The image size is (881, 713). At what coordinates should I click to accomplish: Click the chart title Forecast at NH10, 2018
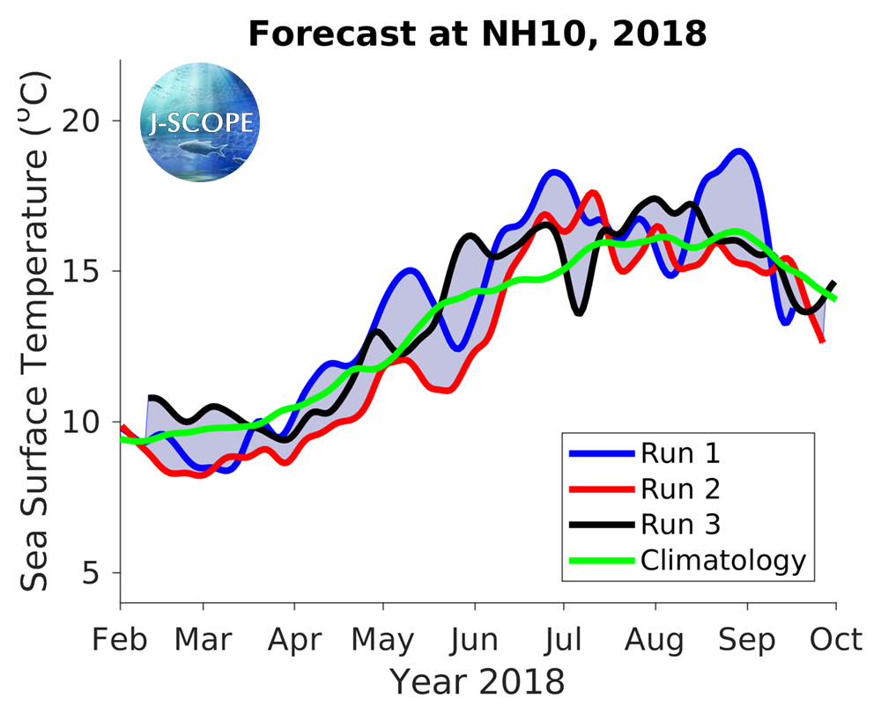478,34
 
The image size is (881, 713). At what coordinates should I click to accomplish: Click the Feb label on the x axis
120,640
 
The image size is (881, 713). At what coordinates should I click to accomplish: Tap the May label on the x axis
382,640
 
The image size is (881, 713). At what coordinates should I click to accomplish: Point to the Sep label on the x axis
747,640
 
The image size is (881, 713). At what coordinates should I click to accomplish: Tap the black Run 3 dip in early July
578,312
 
